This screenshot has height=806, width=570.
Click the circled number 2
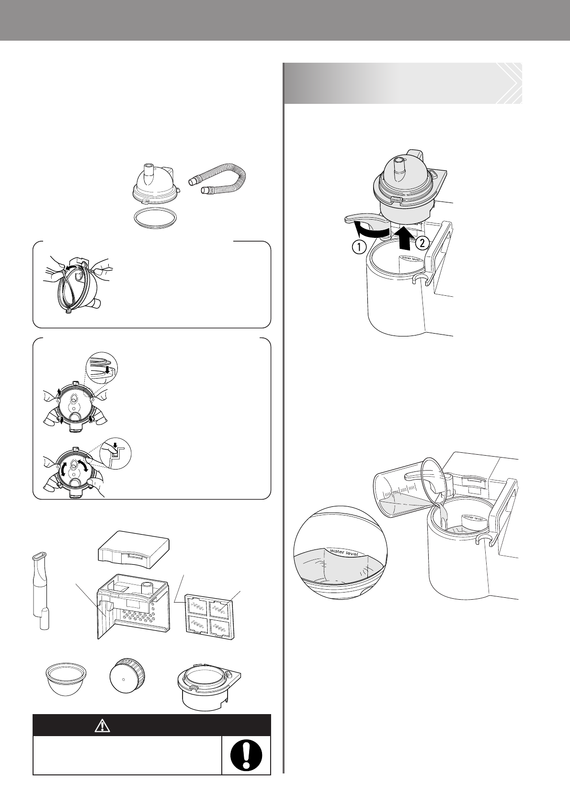422,243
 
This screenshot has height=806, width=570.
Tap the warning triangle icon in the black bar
102,726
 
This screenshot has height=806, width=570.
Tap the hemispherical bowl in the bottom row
66,680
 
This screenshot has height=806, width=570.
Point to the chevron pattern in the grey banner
509,83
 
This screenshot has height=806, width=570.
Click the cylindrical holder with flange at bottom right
210,688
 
